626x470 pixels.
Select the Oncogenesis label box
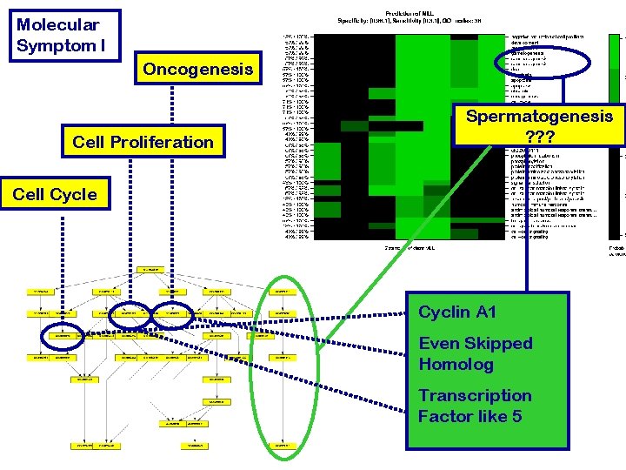198,69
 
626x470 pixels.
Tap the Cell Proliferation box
143,141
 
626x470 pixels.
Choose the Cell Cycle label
56,194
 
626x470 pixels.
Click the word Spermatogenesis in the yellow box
539,116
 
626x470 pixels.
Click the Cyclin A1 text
458,312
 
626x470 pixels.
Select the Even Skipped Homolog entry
475,353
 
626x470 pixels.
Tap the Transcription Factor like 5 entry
475,406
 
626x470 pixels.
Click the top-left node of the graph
40,291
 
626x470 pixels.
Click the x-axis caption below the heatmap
410,248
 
